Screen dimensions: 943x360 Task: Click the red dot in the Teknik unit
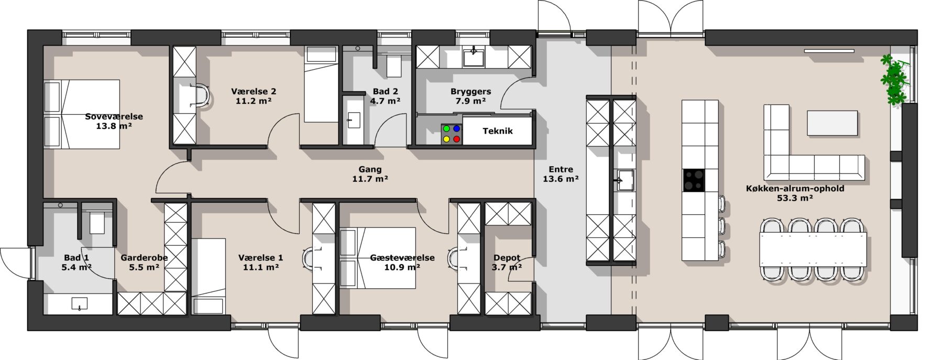pos(456,139)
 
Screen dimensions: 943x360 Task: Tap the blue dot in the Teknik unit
pos(456,128)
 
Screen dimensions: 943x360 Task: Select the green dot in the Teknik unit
pos(446,128)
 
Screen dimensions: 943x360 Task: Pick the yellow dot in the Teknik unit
pos(446,139)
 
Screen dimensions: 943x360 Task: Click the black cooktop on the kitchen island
pos(693,180)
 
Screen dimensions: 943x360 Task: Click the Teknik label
pos(498,131)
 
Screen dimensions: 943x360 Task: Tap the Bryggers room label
pos(470,91)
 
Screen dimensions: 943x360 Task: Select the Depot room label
pos(507,258)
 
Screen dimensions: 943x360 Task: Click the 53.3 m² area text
pos(795,198)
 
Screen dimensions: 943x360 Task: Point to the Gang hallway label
pos(370,169)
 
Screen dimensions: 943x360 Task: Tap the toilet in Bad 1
pos(97,221)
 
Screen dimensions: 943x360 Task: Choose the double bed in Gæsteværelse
pos(377,257)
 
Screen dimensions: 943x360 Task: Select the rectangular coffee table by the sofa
pos(832,123)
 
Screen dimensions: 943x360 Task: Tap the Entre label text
pos(561,169)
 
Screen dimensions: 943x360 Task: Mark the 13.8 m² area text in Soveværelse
pos(114,126)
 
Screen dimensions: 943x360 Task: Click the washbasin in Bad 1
pos(79,304)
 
